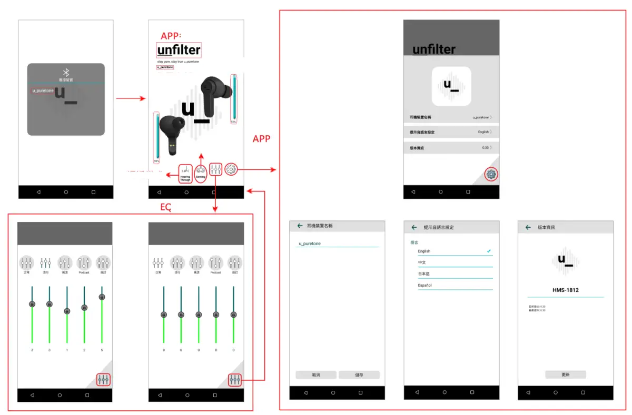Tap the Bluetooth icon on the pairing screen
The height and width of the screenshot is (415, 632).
[66, 72]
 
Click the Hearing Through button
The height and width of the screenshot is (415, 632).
[185, 174]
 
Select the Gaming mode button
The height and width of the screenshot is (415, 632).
[201, 172]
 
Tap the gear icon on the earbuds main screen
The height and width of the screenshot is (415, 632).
[231, 169]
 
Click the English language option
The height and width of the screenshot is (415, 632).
[424, 251]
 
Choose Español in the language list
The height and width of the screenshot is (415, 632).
[424, 286]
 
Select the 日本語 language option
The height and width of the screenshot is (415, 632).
[424, 274]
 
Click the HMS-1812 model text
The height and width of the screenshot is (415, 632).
[566, 290]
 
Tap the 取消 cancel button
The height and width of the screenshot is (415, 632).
[316, 375]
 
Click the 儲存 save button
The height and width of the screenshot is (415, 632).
[359, 375]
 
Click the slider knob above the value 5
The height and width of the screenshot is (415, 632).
[102, 297]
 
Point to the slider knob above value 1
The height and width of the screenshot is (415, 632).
[67, 311]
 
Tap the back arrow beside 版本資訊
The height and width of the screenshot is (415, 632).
[528, 227]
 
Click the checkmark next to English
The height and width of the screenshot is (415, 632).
[489, 251]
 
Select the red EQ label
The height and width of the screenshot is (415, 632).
[165, 208]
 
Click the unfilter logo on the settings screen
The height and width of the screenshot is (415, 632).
[434, 50]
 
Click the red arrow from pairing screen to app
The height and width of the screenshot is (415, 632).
[130, 98]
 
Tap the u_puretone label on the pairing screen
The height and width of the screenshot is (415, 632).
[43, 91]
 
